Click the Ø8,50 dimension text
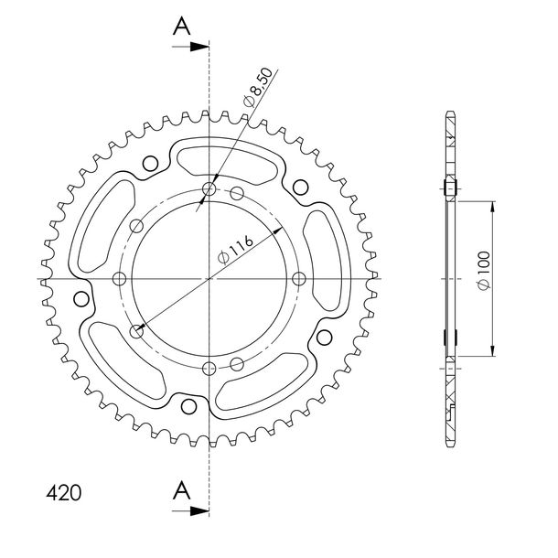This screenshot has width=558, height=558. click(258, 88)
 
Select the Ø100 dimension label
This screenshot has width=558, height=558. click(484, 271)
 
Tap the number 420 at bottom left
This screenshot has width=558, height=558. click(64, 493)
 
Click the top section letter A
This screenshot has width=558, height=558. click(181, 27)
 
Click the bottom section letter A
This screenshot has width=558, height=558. click(181, 490)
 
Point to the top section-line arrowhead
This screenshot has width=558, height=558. click(199, 47)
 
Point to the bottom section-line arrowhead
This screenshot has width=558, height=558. click(199, 511)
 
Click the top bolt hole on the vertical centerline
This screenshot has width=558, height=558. click(209, 189)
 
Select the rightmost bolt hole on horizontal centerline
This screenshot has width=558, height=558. click(298, 279)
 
